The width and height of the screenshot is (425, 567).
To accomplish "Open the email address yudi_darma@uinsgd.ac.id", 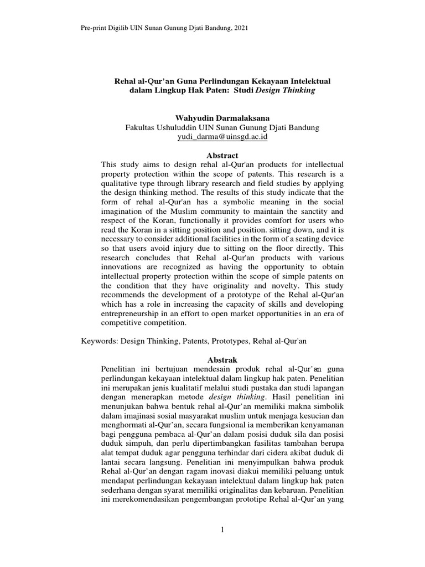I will click(222, 137).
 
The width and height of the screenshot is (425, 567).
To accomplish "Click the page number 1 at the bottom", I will click(222, 530).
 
